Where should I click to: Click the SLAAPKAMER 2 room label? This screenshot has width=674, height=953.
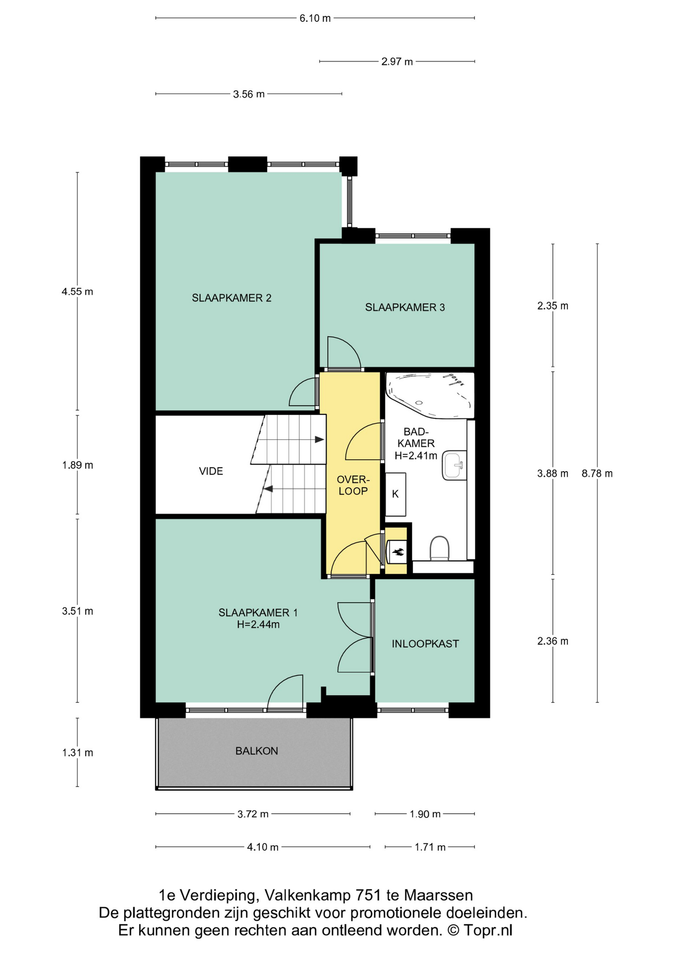tap(231, 298)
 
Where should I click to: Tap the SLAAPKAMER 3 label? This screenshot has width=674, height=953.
tap(405, 307)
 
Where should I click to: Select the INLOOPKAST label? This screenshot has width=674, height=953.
tap(425, 644)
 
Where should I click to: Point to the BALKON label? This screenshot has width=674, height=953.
tap(257, 751)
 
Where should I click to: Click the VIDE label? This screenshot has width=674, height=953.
tap(211, 471)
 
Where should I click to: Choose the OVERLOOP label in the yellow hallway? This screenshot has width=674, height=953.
tap(353, 485)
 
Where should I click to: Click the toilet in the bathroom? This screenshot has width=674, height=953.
tap(439, 548)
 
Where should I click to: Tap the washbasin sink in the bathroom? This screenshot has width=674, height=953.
tap(455, 465)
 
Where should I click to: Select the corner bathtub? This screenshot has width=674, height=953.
tap(430, 395)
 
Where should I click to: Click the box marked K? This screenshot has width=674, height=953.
tap(396, 494)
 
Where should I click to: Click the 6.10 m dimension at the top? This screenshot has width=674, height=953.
tap(315, 18)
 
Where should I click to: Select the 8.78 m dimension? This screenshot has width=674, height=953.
tap(597, 474)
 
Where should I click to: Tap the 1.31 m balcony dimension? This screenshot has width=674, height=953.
tap(77, 752)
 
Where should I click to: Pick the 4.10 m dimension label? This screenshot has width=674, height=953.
tap(263, 847)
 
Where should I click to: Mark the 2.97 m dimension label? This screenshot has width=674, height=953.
tap(397, 62)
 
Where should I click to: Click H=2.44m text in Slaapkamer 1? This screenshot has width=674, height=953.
tap(258, 624)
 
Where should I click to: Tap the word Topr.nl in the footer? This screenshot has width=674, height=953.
tap(488, 930)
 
